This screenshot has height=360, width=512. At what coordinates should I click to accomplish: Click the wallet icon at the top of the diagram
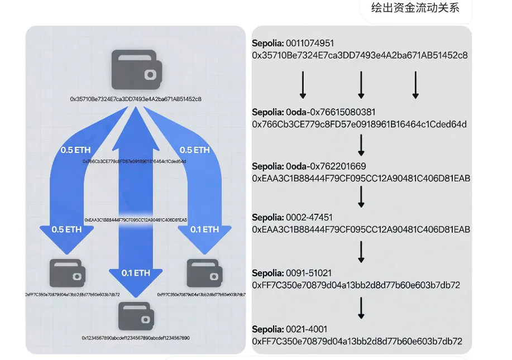coord(136,69)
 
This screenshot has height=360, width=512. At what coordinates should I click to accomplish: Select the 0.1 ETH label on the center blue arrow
coord(136,273)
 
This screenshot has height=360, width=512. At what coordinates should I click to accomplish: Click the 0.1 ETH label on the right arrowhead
coord(204,229)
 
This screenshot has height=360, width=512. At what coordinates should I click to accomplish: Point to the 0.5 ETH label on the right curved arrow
coord(195,150)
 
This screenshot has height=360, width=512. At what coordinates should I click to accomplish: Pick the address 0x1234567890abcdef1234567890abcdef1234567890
coord(136,338)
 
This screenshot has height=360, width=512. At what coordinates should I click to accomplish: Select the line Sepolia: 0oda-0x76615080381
coord(313,112)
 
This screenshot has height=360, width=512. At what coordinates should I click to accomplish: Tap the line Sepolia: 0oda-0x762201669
coord(309,166)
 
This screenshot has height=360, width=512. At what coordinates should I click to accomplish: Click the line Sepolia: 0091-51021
coord(292,273)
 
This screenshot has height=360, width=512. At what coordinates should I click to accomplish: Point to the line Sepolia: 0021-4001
coord(289,329)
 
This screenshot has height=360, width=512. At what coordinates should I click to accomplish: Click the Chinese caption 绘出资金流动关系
coord(415,8)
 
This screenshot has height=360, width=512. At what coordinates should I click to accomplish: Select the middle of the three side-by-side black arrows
coord(361,85)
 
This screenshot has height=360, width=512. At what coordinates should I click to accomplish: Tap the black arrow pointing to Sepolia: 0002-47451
coord(361,196)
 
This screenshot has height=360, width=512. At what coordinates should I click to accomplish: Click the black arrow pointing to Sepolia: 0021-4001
coord(361,308)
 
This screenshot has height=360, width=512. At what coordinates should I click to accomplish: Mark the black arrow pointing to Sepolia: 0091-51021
coord(361,252)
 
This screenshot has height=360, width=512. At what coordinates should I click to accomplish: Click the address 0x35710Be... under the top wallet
coord(136,99)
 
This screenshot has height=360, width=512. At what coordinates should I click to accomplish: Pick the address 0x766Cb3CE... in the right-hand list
coord(359,124)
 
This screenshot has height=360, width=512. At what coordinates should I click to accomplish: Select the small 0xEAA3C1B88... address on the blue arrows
coord(136,220)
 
